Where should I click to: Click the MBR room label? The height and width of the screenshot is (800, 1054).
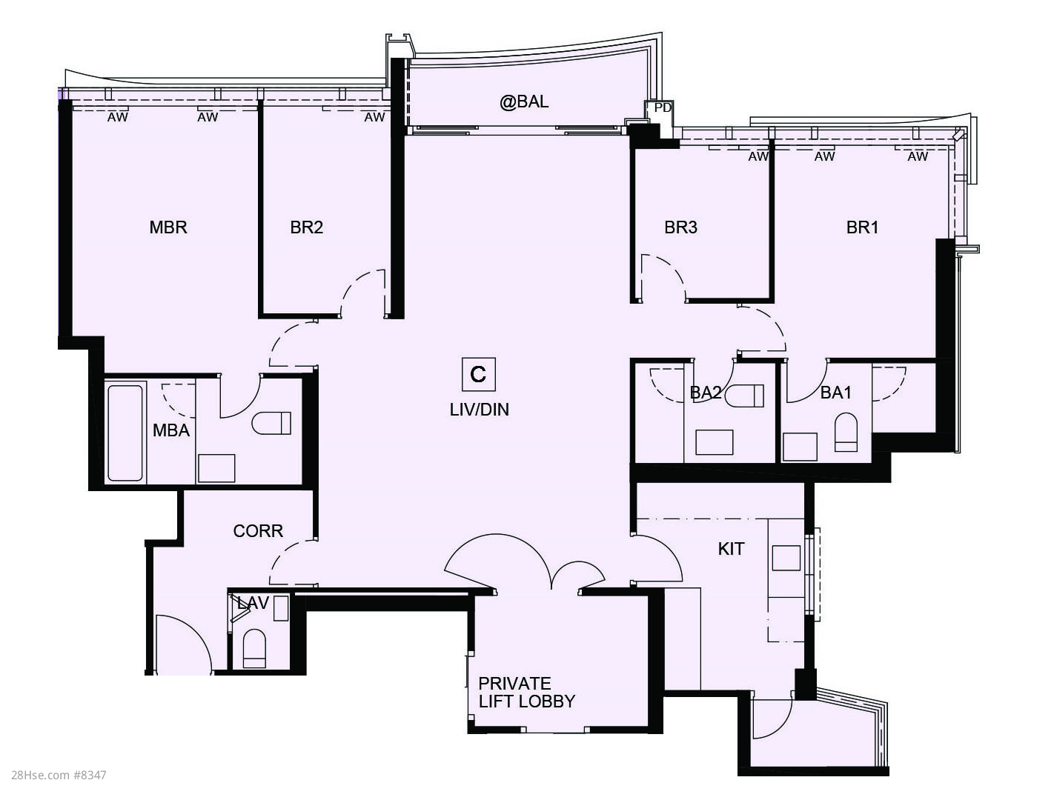coord(168,227)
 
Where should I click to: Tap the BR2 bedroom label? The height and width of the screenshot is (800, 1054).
coord(306,227)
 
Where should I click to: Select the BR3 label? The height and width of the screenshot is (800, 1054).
coord(680,227)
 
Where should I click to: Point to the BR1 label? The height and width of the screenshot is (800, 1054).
coord(862,227)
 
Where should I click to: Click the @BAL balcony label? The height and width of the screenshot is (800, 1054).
coord(524,101)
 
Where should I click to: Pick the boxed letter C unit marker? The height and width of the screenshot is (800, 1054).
coord(478,374)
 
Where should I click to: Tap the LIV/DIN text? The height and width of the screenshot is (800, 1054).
coord(480,410)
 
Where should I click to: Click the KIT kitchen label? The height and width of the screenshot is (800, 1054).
coord(731,549)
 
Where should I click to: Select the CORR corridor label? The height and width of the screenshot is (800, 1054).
coord(258,531)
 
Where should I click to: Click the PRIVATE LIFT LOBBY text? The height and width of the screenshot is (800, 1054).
coord(527,692)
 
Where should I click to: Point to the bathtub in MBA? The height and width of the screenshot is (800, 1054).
coord(125,433)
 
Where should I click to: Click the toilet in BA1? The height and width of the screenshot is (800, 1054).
coord(846,432)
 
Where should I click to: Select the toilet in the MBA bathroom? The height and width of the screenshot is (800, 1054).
coord(271,423)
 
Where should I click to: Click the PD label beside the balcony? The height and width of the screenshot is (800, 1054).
coord(663,108)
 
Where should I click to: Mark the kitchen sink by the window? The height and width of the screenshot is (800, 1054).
coord(786,558)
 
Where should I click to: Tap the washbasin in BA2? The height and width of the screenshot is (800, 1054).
coord(715,442)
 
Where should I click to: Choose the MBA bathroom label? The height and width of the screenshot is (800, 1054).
coord(171,430)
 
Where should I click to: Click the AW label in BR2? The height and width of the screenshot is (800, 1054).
coord(374,117)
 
